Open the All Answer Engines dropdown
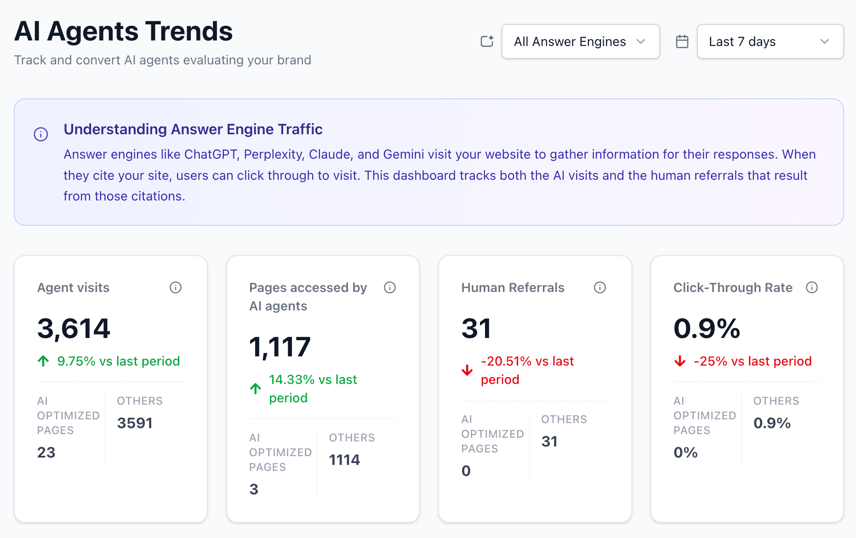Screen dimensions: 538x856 pyautogui.click(x=580, y=41)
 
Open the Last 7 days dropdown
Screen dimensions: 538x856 pyautogui.click(x=770, y=41)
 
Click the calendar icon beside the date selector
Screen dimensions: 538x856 pyautogui.click(x=682, y=41)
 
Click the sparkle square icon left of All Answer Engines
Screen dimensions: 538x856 pyautogui.click(x=487, y=41)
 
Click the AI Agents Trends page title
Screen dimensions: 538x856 pyautogui.click(x=123, y=31)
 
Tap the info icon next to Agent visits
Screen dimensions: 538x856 pyautogui.click(x=176, y=287)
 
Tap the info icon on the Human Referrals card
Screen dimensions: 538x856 pyautogui.click(x=599, y=287)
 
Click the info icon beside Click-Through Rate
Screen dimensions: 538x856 pyautogui.click(x=811, y=287)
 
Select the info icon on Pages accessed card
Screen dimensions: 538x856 pyautogui.click(x=389, y=287)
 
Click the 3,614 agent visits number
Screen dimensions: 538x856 pyautogui.click(x=74, y=328)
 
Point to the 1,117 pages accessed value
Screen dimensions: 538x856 pyautogui.click(x=280, y=347)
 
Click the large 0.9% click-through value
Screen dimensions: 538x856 pyautogui.click(x=706, y=328)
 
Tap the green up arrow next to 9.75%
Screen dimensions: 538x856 pyautogui.click(x=43, y=361)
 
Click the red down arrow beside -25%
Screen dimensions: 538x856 pyautogui.click(x=679, y=361)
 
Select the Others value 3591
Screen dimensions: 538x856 pyautogui.click(x=134, y=423)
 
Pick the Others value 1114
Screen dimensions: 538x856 pyautogui.click(x=344, y=460)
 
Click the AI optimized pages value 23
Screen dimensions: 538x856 pyautogui.click(x=46, y=452)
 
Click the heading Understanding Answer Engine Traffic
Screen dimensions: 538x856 pyautogui.click(x=193, y=129)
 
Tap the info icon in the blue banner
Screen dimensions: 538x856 pyautogui.click(x=41, y=134)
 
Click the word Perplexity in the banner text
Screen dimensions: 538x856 pyautogui.click(x=274, y=155)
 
